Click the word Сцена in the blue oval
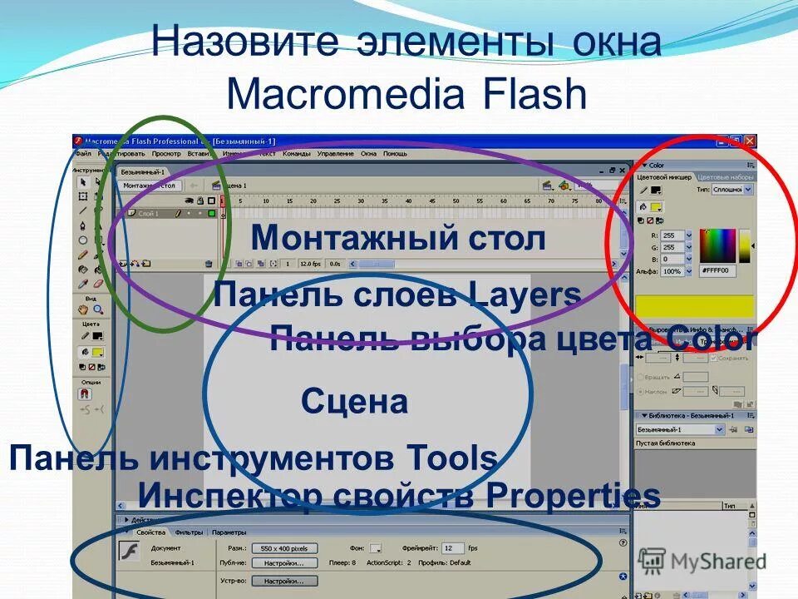tap(354, 402)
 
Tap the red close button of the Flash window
tap(750, 141)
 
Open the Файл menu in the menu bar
tap(83, 154)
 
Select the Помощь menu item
tap(395, 154)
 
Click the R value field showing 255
tap(670, 235)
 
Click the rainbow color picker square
tap(718, 245)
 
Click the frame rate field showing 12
tap(452, 548)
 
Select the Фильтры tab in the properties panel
tap(189, 532)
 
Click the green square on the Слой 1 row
tap(212, 214)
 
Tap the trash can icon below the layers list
tap(209, 264)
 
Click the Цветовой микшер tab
tap(664, 177)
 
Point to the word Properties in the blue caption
tap(573, 497)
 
